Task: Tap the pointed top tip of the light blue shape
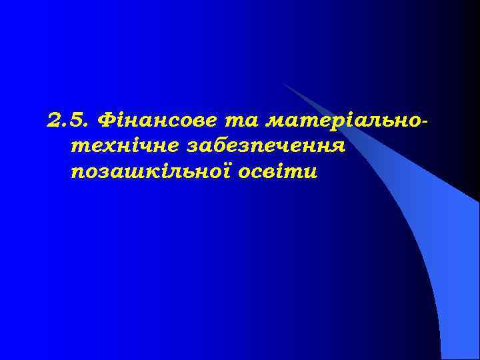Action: pyautogui.click(x=284, y=84)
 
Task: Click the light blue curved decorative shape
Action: pyautogui.click(x=427, y=220)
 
